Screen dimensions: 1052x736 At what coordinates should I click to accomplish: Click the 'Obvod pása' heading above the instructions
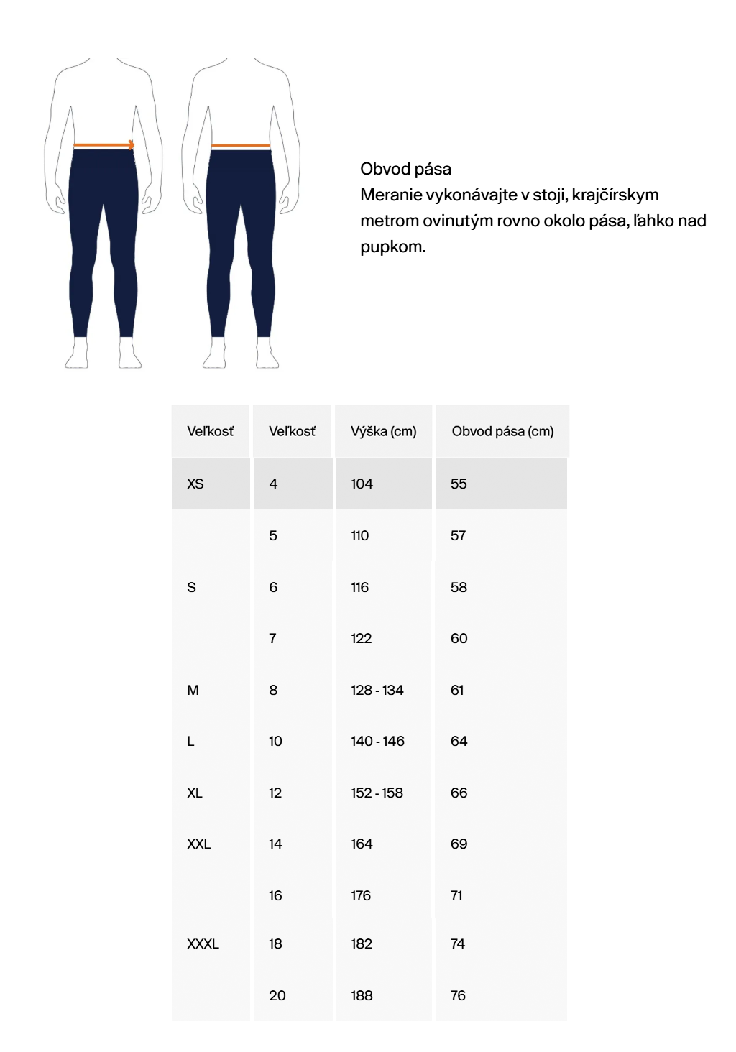[x=405, y=169]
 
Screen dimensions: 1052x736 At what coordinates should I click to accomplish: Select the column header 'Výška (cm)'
[x=383, y=431]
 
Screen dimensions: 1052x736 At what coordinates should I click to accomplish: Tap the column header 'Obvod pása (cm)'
[x=502, y=431]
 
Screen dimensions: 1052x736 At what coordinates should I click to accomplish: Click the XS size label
[x=195, y=484]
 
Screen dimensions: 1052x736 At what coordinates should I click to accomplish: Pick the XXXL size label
[x=203, y=943]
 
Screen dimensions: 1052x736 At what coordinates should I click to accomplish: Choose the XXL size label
[x=198, y=844]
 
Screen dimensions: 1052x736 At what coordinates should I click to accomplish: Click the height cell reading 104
[x=362, y=484]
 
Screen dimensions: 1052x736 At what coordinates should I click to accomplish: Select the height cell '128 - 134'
[x=377, y=690]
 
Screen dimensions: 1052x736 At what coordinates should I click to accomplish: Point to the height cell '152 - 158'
[x=377, y=793]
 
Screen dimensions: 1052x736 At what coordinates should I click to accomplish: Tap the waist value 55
[x=459, y=484]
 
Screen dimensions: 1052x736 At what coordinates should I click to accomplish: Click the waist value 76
[x=458, y=995]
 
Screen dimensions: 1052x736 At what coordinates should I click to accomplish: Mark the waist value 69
[x=459, y=844]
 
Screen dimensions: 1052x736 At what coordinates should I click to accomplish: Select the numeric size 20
[x=277, y=995]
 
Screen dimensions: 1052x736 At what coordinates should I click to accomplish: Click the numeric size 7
[x=272, y=638]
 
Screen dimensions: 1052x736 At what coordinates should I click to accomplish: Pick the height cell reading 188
[x=362, y=995]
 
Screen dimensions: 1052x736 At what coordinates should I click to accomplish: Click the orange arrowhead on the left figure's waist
[x=131, y=145]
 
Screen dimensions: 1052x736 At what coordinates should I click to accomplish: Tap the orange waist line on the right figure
[x=240, y=146]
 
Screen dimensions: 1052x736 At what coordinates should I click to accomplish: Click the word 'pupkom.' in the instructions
[x=392, y=246]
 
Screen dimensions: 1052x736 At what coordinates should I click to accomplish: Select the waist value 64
[x=459, y=741]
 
